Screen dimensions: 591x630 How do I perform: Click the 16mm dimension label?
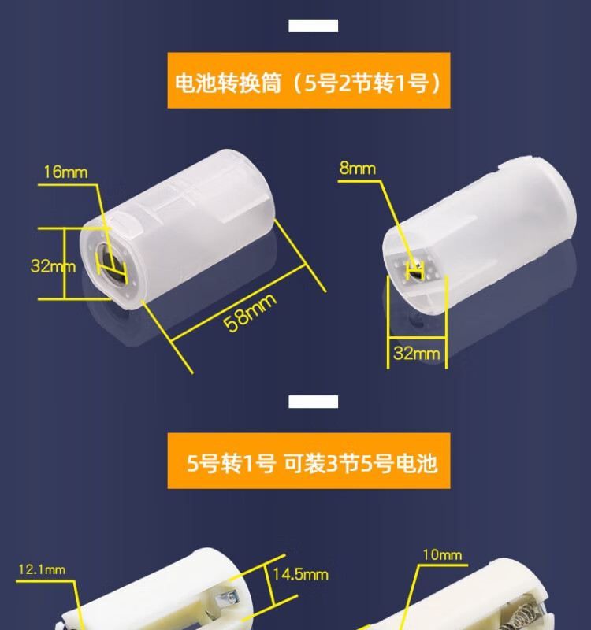click(65, 172)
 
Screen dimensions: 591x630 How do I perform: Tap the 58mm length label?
click(250, 312)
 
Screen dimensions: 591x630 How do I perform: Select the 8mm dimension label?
click(358, 168)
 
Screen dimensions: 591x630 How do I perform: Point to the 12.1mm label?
click(42, 569)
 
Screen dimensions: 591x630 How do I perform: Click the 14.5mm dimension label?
click(300, 575)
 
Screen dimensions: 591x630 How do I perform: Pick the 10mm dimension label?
click(442, 555)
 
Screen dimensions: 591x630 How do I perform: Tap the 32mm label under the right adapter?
click(417, 354)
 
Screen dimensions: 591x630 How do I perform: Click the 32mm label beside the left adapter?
click(53, 266)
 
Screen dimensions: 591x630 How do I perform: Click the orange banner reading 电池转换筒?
click(309, 80)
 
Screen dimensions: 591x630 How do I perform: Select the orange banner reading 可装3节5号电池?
click(309, 461)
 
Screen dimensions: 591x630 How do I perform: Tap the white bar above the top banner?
click(313, 26)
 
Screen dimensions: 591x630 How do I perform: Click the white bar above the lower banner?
click(313, 402)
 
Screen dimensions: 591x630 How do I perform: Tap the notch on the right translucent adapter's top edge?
click(507, 165)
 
